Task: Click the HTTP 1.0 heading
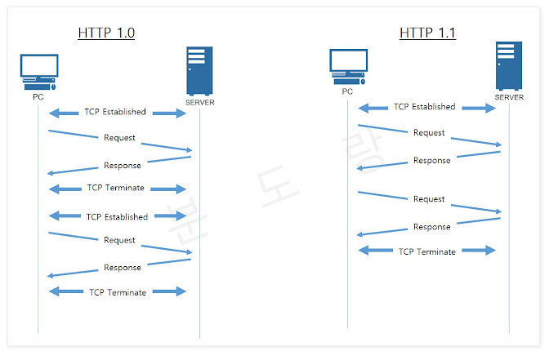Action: tap(106, 33)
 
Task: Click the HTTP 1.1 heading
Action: tap(427, 33)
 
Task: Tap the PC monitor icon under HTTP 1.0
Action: tap(39, 72)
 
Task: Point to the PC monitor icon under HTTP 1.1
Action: tap(347, 66)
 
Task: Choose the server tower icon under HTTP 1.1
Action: tap(508, 66)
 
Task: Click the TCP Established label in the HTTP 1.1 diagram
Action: tap(425, 107)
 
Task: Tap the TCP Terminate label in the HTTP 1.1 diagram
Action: tap(426, 251)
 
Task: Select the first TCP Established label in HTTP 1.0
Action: tap(115, 112)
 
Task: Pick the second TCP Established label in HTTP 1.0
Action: tap(117, 217)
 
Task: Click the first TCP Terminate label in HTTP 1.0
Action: tap(115, 188)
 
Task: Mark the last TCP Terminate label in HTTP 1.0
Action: tap(118, 292)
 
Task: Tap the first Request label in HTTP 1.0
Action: tap(119, 137)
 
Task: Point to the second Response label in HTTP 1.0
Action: tap(122, 268)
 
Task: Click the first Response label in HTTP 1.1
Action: tap(431, 161)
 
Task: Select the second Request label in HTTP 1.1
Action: tap(429, 199)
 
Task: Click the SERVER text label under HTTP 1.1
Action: tap(509, 98)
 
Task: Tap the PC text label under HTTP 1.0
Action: tap(38, 97)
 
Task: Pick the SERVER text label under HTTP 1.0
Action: tap(200, 102)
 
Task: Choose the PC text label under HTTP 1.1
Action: tap(347, 91)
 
